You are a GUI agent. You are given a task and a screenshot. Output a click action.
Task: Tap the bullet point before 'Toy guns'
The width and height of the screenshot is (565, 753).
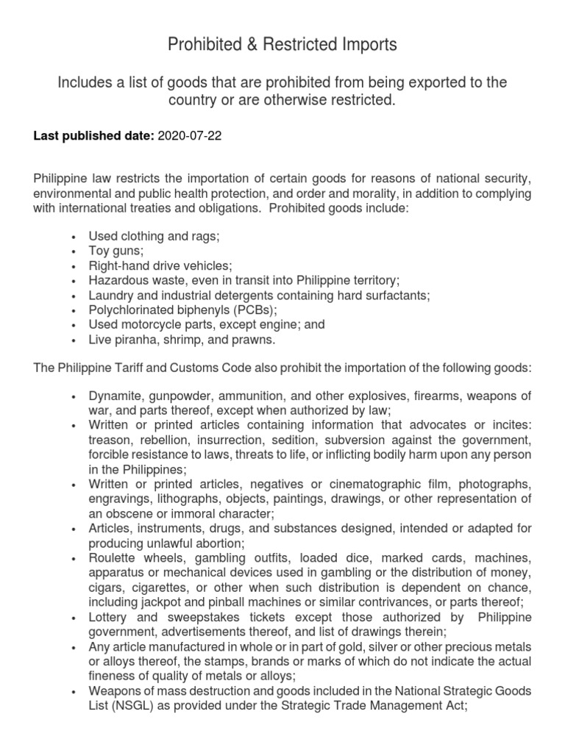pyautogui.click(x=74, y=253)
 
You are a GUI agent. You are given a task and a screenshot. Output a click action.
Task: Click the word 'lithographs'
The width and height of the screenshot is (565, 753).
pyautogui.click(x=176, y=499)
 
